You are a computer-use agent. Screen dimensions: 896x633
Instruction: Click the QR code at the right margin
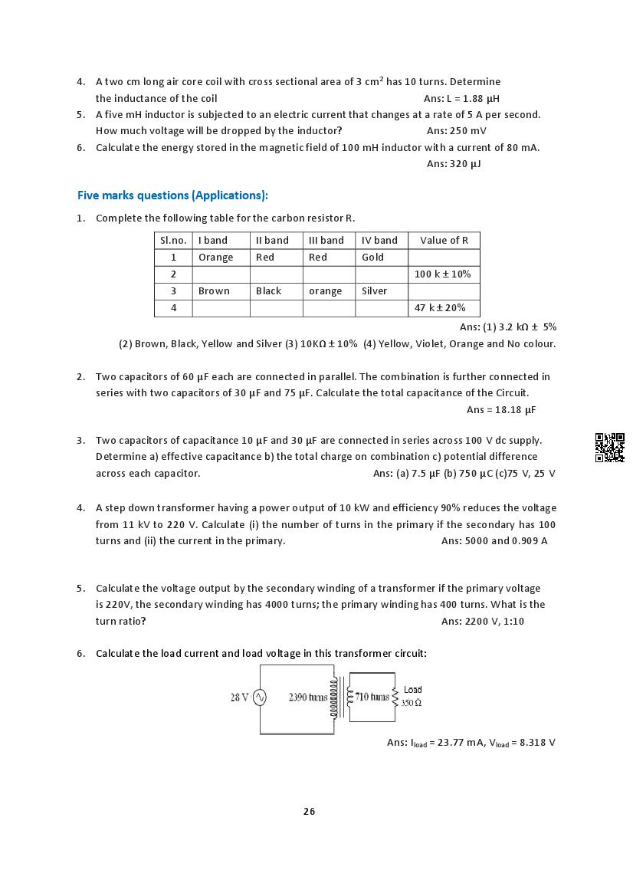(x=609, y=448)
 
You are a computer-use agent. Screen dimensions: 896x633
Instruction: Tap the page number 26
(x=309, y=811)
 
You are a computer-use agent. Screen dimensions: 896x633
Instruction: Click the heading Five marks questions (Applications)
(x=172, y=195)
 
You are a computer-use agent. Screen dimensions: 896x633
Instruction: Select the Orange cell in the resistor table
(x=215, y=258)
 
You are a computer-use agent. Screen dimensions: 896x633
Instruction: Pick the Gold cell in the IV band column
(x=373, y=258)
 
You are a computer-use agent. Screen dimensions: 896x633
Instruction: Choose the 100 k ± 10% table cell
(x=442, y=274)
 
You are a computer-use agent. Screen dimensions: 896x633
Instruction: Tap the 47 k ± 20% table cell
(x=440, y=308)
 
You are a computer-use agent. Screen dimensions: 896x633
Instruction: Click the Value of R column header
(x=444, y=241)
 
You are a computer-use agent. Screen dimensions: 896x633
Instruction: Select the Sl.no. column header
(x=173, y=241)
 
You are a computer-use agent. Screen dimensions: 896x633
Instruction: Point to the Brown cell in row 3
(x=214, y=291)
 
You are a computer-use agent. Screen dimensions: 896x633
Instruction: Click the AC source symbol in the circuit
(x=259, y=697)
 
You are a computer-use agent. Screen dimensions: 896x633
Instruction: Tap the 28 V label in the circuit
(x=240, y=697)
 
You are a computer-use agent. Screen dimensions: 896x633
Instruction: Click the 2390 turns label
(x=308, y=697)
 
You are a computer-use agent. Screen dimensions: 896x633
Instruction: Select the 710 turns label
(x=372, y=697)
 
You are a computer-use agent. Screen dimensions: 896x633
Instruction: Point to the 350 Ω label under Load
(x=412, y=703)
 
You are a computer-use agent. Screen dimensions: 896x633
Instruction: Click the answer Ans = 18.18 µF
(x=501, y=410)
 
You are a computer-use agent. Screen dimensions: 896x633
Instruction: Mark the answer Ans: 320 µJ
(x=454, y=163)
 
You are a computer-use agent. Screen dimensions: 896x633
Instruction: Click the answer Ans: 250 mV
(x=457, y=131)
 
